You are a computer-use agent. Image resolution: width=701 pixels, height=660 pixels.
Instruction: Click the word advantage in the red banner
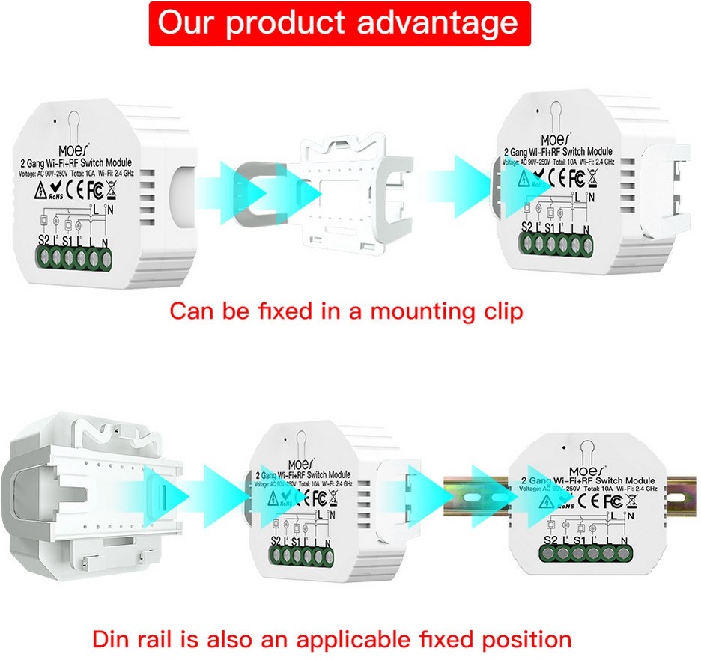[437, 23]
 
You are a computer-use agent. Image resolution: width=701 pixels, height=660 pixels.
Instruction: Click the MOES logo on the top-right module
[558, 138]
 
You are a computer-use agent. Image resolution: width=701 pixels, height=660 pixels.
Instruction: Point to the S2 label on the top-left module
[43, 241]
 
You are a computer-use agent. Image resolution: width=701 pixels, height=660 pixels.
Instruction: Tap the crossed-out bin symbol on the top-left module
[113, 187]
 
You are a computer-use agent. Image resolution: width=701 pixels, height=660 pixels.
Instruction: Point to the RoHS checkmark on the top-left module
[54, 190]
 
